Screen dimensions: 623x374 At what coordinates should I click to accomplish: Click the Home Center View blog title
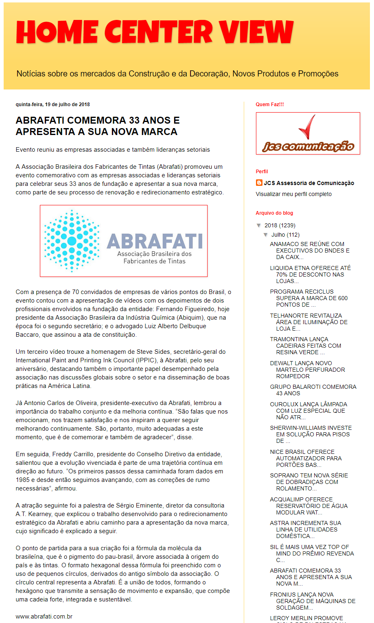(x=155, y=32)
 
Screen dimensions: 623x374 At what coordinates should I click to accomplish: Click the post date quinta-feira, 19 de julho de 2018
(x=53, y=105)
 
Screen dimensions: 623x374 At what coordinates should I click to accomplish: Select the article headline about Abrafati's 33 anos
(x=98, y=126)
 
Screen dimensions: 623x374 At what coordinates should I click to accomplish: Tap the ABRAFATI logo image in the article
(x=124, y=241)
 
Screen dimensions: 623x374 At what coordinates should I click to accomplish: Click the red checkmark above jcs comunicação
(x=307, y=127)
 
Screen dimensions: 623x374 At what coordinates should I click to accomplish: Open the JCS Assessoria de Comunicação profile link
(x=309, y=183)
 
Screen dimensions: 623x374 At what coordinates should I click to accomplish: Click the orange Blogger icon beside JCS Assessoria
(x=259, y=183)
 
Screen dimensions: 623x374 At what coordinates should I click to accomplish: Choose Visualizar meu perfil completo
(x=294, y=194)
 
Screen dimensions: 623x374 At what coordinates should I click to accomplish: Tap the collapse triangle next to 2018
(x=259, y=225)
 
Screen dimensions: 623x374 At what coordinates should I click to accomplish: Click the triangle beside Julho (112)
(x=266, y=235)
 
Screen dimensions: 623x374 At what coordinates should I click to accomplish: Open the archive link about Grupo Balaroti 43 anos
(x=313, y=390)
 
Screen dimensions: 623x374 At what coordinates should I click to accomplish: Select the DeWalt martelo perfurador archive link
(x=308, y=370)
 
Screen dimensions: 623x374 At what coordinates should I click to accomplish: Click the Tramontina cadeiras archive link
(x=306, y=346)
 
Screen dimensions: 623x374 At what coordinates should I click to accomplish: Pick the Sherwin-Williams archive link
(x=311, y=434)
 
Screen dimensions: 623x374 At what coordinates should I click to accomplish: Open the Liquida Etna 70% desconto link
(x=310, y=274)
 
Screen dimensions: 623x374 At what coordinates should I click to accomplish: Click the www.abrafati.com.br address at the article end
(x=44, y=616)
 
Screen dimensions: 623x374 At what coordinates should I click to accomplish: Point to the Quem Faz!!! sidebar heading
(x=270, y=105)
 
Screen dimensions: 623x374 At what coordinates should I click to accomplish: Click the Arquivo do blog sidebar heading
(x=274, y=213)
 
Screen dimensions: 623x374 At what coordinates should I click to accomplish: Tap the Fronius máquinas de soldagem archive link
(x=313, y=601)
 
